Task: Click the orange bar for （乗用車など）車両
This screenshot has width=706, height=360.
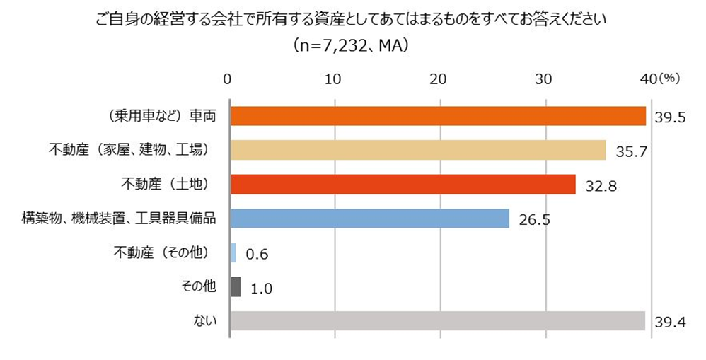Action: (438, 116)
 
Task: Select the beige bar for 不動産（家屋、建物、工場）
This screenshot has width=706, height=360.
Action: (418, 150)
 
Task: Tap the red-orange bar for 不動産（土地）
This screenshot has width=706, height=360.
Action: (403, 184)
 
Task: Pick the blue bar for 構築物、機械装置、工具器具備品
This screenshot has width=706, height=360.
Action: (369, 219)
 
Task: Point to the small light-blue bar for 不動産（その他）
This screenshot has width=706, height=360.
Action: (233, 252)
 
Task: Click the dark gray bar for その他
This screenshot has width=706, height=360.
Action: (236, 286)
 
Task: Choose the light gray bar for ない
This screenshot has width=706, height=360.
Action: (437, 321)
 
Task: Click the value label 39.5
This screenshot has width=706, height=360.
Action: (670, 117)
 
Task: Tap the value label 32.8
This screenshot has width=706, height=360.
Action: (599, 185)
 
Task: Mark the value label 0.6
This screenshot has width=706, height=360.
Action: (256, 253)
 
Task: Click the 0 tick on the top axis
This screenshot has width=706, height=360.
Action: (228, 79)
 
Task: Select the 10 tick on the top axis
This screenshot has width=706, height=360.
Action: (334, 79)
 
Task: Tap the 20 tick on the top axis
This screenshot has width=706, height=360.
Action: (439, 79)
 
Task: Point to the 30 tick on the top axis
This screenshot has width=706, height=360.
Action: (544, 79)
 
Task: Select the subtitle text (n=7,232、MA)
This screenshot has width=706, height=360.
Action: (352, 46)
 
